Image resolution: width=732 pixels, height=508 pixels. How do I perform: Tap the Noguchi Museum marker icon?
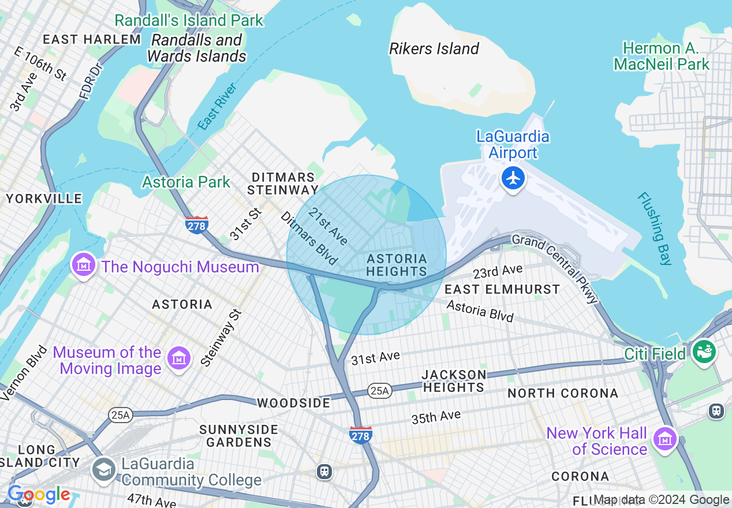click(x=84, y=265)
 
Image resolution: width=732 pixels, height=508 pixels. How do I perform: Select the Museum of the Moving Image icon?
click(x=179, y=358)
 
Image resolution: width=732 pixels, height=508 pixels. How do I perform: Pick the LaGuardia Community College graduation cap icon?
click(x=104, y=469)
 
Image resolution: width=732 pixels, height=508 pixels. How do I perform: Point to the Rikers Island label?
click(x=434, y=48)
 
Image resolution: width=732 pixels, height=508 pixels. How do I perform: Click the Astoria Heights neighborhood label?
click(x=397, y=265)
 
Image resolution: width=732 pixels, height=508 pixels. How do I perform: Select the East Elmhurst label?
click(x=502, y=289)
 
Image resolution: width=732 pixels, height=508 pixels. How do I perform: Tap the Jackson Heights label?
click(x=454, y=381)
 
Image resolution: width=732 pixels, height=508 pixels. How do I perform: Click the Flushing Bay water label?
click(x=655, y=228)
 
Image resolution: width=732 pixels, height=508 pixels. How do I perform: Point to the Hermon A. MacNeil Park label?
click(x=661, y=55)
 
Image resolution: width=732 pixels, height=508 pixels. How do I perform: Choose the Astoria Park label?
click(x=186, y=182)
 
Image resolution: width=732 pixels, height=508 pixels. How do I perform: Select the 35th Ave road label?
click(x=436, y=417)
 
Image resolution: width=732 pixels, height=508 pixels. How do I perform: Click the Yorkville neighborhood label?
click(x=44, y=199)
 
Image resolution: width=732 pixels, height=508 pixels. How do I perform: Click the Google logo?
click(x=39, y=495)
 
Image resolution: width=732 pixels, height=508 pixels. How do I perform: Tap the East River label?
click(x=217, y=106)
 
